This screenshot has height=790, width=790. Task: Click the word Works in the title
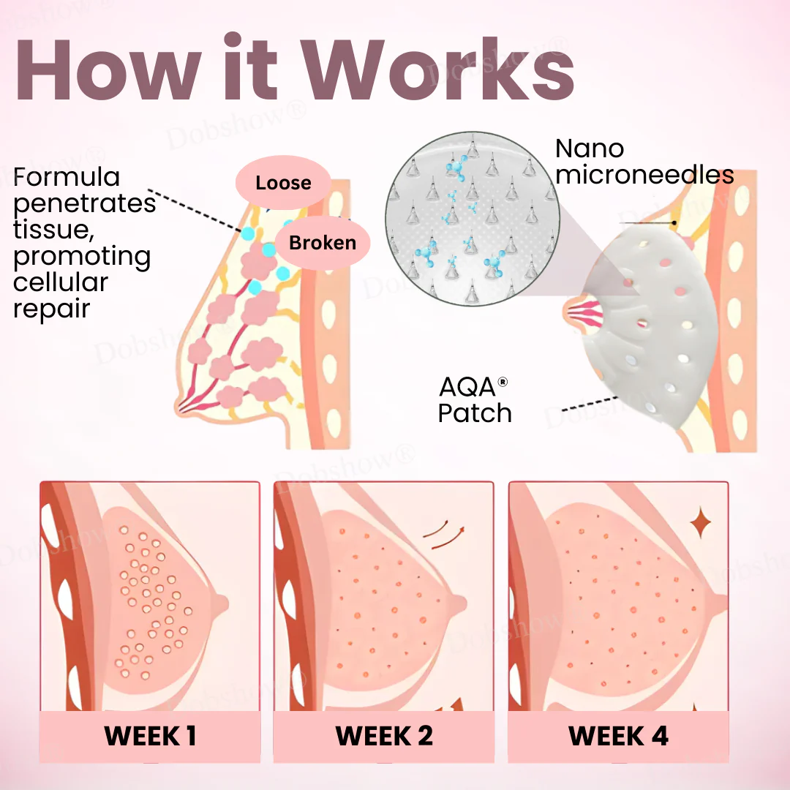(440, 68)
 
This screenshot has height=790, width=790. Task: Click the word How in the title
(109, 69)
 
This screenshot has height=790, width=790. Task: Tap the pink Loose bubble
(283, 182)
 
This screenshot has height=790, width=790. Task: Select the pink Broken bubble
(323, 242)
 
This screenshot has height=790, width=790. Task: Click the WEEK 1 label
(150, 736)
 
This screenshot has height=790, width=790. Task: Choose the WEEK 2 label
(384, 736)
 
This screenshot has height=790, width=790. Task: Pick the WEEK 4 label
(618, 736)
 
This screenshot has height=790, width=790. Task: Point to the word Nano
(590, 148)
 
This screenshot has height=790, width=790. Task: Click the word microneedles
(644, 175)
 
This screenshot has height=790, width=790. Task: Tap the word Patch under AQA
(475, 413)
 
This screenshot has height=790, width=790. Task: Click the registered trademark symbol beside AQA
(503, 382)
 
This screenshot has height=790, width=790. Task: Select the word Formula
(67, 177)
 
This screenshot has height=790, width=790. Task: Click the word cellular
(61, 282)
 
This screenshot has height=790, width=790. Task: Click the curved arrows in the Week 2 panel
(443, 535)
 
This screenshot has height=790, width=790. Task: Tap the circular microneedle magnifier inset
(473, 219)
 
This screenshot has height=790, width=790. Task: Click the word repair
(51, 309)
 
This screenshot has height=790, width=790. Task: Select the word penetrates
(84, 204)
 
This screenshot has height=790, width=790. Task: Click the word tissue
(54, 230)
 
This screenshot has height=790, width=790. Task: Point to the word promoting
(82, 257)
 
